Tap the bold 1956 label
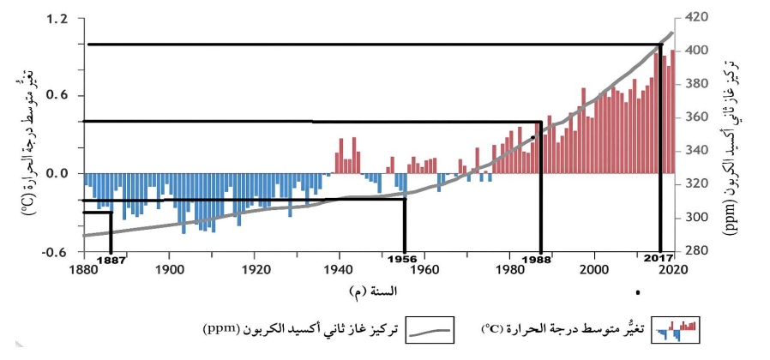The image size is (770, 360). click(x=402, y=260)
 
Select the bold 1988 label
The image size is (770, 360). click(x=537, y=260)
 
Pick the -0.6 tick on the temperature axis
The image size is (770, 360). click(x=57, y=252)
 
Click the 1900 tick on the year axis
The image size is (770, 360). click(x=169, y=270)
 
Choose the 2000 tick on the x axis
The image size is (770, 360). click(x=595, y=270)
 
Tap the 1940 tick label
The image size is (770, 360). click(x=340, y=270)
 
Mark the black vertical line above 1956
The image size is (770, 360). click(x=405, y=225)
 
